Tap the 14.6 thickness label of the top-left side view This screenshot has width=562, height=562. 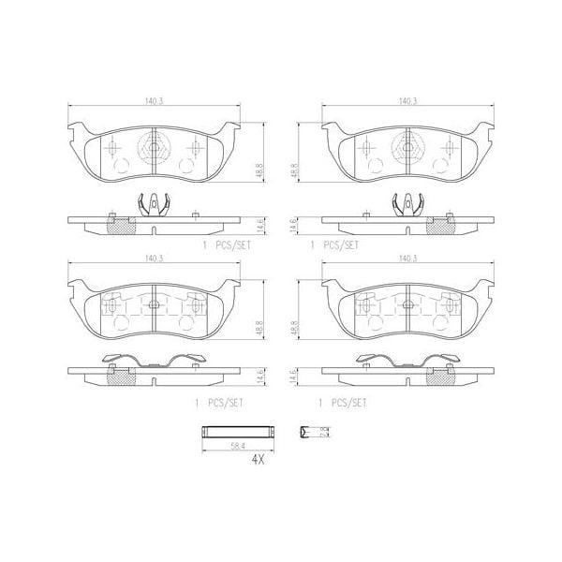tap(259, 225)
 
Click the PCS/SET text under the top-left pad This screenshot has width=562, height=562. tap(229, 244)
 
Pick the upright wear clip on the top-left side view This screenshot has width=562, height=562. tap(150, 203)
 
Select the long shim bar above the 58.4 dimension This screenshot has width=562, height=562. tap(240, 432)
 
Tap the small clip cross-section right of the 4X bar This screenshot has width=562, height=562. tap(304, 432)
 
